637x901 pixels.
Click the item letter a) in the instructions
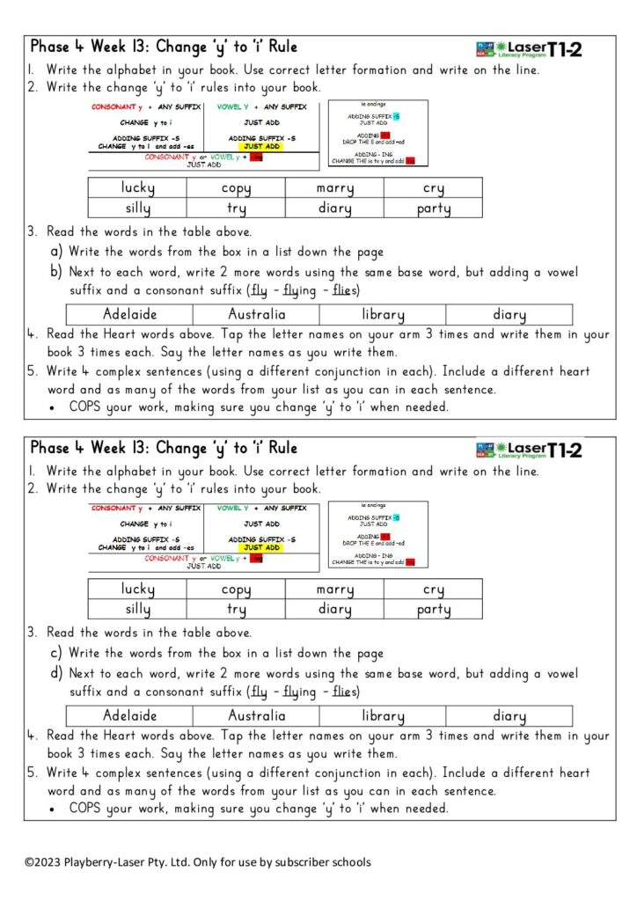[x=56, y=252]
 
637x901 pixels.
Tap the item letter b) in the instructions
[x=56, y=271]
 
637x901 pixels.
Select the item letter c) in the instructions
[x=56, y=653]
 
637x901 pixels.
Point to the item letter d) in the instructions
[x=56, y=673]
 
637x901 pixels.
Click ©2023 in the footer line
[x=42, y=862]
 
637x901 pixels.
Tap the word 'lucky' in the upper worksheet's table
[x=138, y=187]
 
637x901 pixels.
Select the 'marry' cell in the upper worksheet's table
[x=334, y=187]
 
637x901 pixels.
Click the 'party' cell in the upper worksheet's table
[x=434, y=209]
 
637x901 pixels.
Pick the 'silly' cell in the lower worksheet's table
[x=138, y=609]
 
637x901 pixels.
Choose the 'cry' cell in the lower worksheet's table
[x=434, y=589]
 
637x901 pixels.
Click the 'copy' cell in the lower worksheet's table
[x=236, y=589]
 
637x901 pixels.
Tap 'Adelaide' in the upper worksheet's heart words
[x=130, y=314]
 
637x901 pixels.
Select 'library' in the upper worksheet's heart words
[x=383, y=314]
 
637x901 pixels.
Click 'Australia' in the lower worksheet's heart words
[x=257, y=715]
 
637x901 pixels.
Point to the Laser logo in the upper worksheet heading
[x=528, y=49]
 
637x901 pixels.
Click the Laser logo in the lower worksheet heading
[x=528, y=450]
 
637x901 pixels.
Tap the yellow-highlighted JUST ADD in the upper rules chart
[x=261, y=146]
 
